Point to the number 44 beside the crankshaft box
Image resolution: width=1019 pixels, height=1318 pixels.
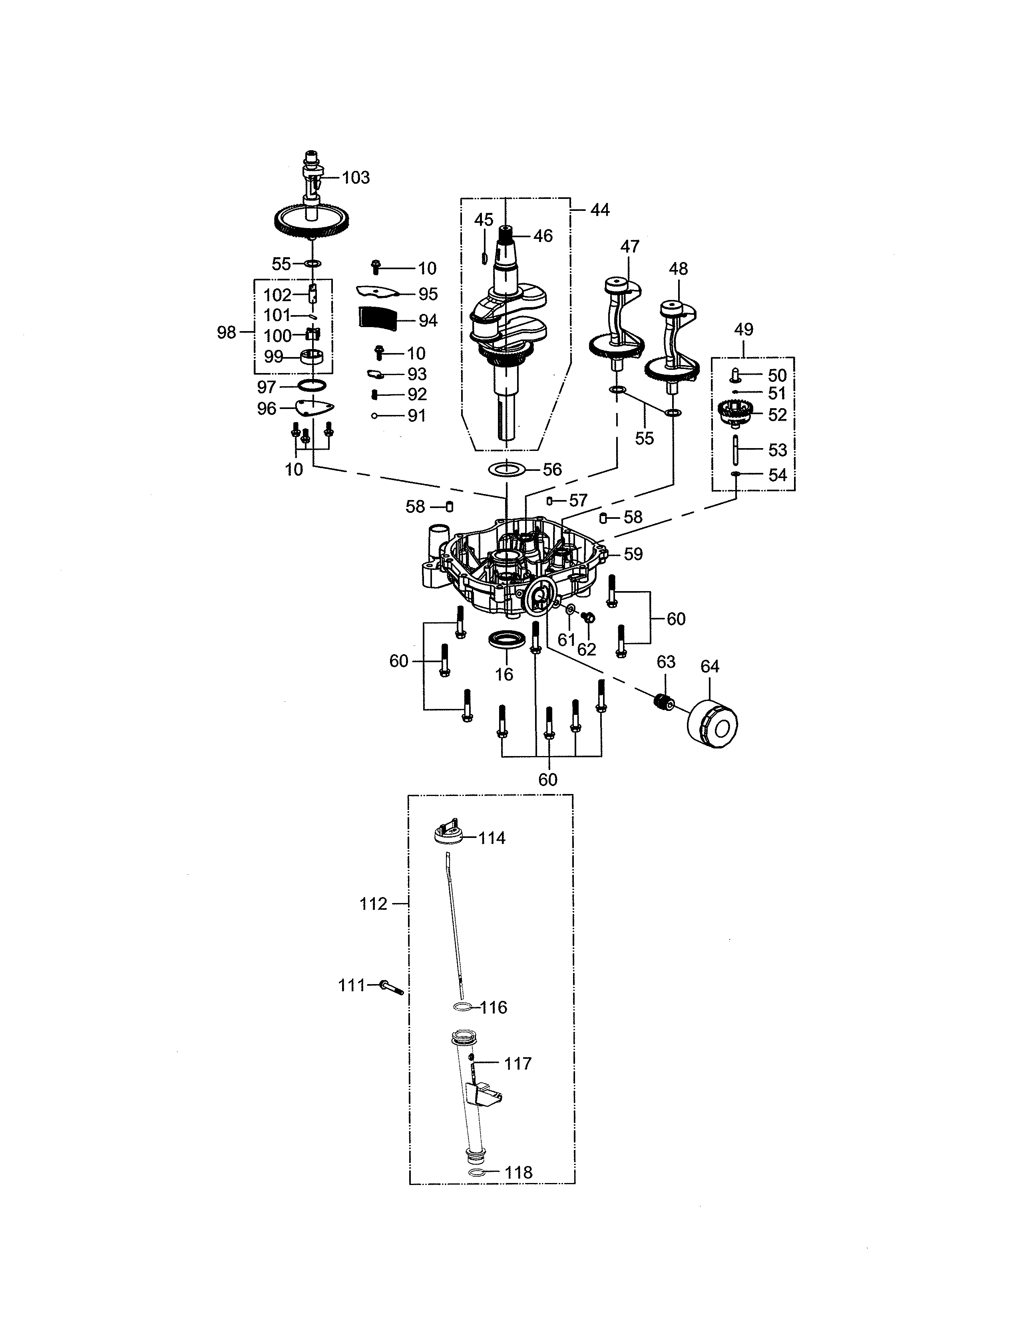coord(599,210)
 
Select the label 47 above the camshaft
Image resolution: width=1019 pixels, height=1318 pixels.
coord(630,246)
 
